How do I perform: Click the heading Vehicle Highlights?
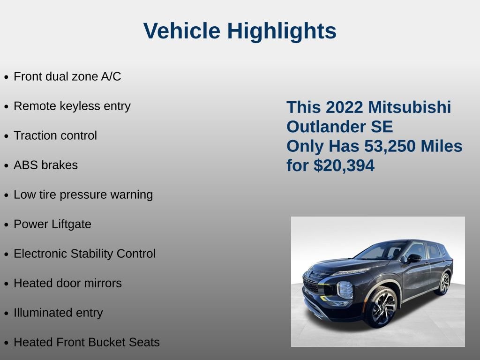[x=240, y=31]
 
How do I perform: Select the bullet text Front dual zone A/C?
[x=67, y=76]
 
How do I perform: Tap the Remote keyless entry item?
[x=72, y=106]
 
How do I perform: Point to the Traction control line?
[x=55, y=135]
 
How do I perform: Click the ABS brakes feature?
[x=45, y=165]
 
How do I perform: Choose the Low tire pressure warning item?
[x=83, y=195]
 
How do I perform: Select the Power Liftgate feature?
[x=52, y=224]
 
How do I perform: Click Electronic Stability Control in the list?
[x=84, y=254]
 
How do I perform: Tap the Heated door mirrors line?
[x=67, y=283]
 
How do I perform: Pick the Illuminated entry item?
[x=58, y=313]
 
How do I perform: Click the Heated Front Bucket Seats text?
[x=87, y=342]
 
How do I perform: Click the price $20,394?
[x=344, y=165]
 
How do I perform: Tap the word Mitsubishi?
[x=409, y=107]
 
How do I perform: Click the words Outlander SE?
[x=340, y=127]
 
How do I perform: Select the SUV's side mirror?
[x=413, y=258]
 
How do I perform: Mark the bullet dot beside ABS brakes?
[x=6, y=166]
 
